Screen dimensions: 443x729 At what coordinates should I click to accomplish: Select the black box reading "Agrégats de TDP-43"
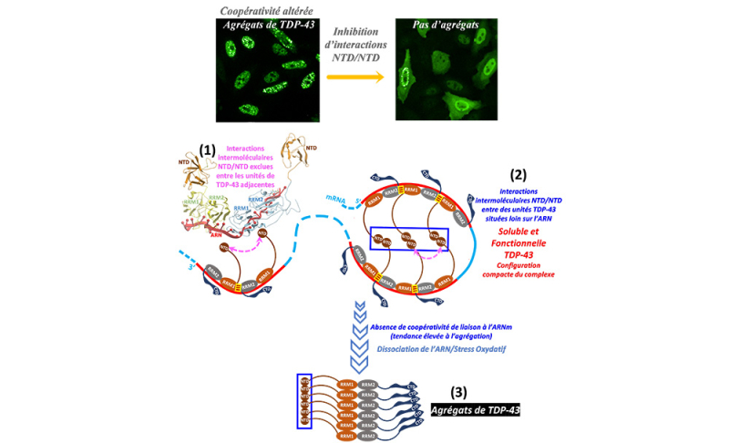click(x=477, y=410)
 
